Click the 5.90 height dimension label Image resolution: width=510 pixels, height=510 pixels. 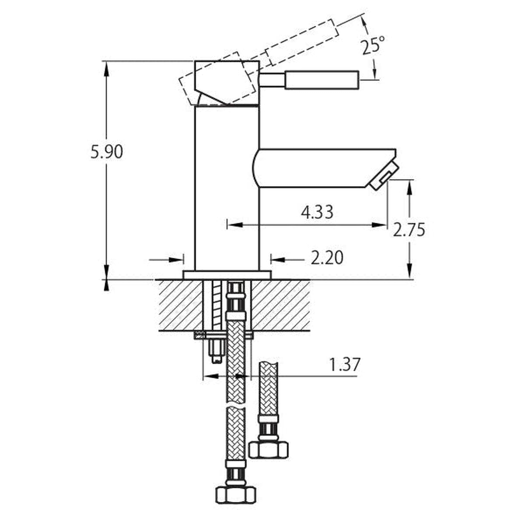(107, 152)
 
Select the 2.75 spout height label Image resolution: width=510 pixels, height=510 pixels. (409, 230)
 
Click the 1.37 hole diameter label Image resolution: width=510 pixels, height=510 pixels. (344, 365)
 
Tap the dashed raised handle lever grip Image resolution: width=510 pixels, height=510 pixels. (302, 42)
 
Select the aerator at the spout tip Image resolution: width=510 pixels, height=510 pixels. (383, 176)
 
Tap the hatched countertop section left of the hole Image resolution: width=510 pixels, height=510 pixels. (181, 305)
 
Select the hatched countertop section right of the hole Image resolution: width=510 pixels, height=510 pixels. (280, 305)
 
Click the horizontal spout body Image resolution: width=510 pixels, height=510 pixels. (323, 168)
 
